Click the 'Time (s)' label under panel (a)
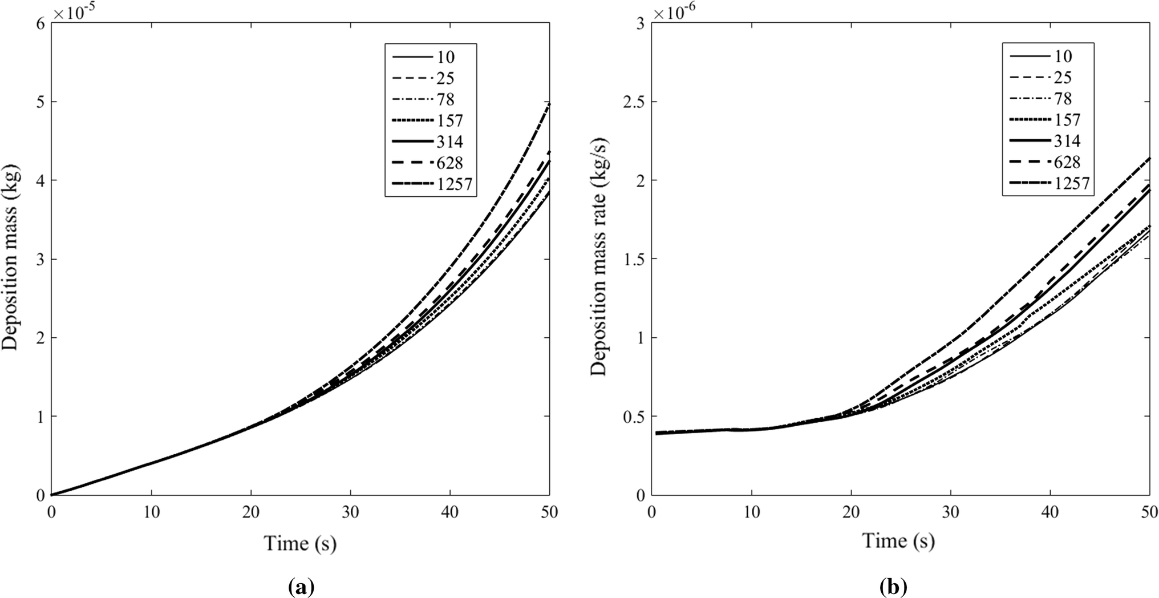(x=300, y=543)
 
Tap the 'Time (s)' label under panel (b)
(x=898, y=540)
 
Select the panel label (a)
(x=302, y=587)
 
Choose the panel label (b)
(x=893, y=587)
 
